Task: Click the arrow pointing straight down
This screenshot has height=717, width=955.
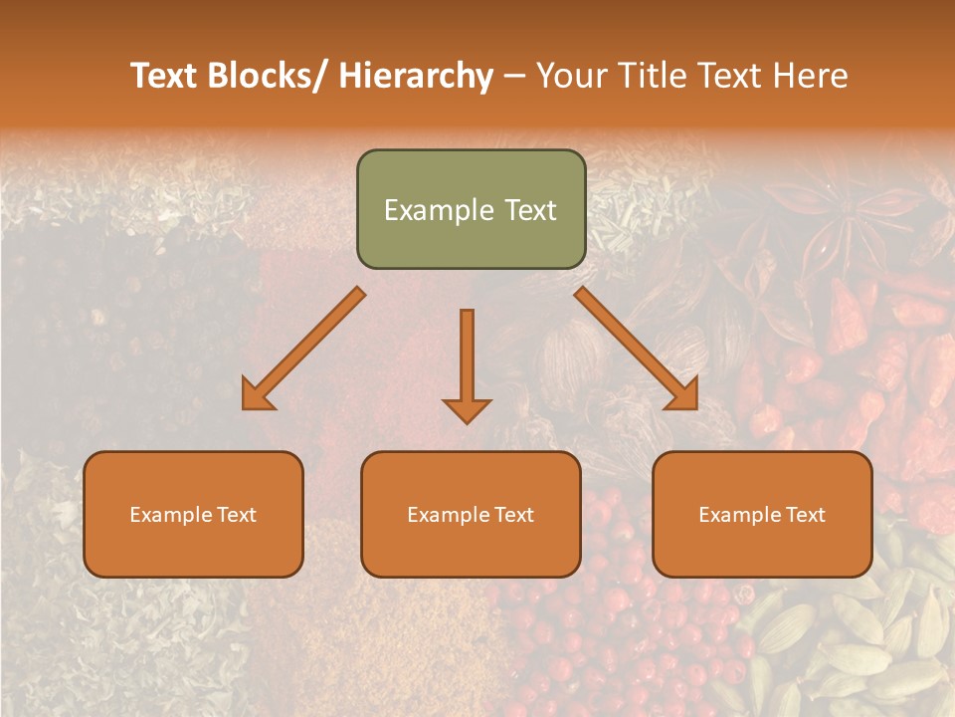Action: [x=467, y=358]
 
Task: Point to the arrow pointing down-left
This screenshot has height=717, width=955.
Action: [x=303, y=349]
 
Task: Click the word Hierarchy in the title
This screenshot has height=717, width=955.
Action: [x=416, y=76]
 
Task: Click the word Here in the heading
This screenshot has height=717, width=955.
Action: [x=811, y=76]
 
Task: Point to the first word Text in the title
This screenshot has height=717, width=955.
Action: [x=165, y=76]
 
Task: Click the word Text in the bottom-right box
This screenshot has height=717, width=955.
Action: [x=804, y=515]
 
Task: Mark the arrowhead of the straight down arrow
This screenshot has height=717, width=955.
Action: [x=467, y=409]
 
